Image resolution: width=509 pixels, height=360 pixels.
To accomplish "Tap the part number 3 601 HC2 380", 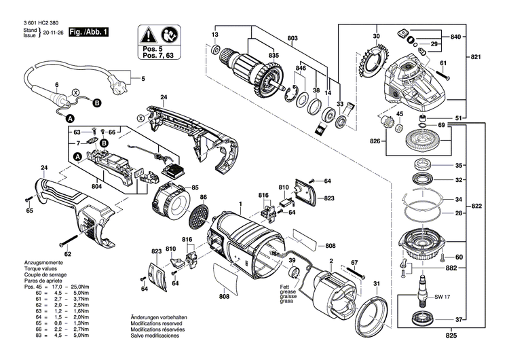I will coord(33,22).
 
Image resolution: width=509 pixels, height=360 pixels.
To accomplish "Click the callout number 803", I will coord(293,38).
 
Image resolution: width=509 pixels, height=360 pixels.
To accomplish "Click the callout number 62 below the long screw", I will coord(68,254).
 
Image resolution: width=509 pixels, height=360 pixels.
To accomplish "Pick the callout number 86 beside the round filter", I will coord(202,197).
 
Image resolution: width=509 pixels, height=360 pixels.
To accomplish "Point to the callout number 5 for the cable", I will coord(143,79).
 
